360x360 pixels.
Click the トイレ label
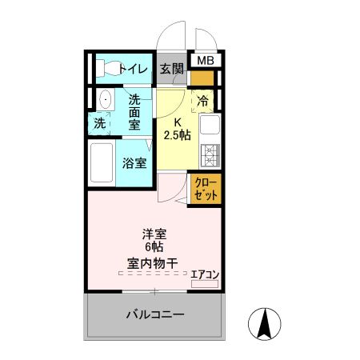click(x=133, y=69)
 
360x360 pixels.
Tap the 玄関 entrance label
click(x=170, y=69)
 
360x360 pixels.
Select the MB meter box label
click(x=206, y=61)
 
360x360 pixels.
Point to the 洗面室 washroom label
click(x=134, y=112)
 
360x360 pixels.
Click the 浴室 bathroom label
click(x=134, y=163)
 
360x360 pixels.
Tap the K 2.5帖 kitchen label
click(x=177, y=129)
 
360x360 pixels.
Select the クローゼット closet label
click(x=206, y=189)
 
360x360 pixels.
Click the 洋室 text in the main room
click(x=154, y=234)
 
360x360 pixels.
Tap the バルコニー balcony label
click(x=154, y=314)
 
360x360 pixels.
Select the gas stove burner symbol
click(x=210, y=152)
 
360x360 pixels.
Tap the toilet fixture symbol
click(x=104, y=69)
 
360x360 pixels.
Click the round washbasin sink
click(x=105, y=101)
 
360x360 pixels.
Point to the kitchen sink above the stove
click(x=210, y=126)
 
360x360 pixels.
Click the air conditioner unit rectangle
click(x=205, y=283)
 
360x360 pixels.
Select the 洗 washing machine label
click(x=99, y=123)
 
